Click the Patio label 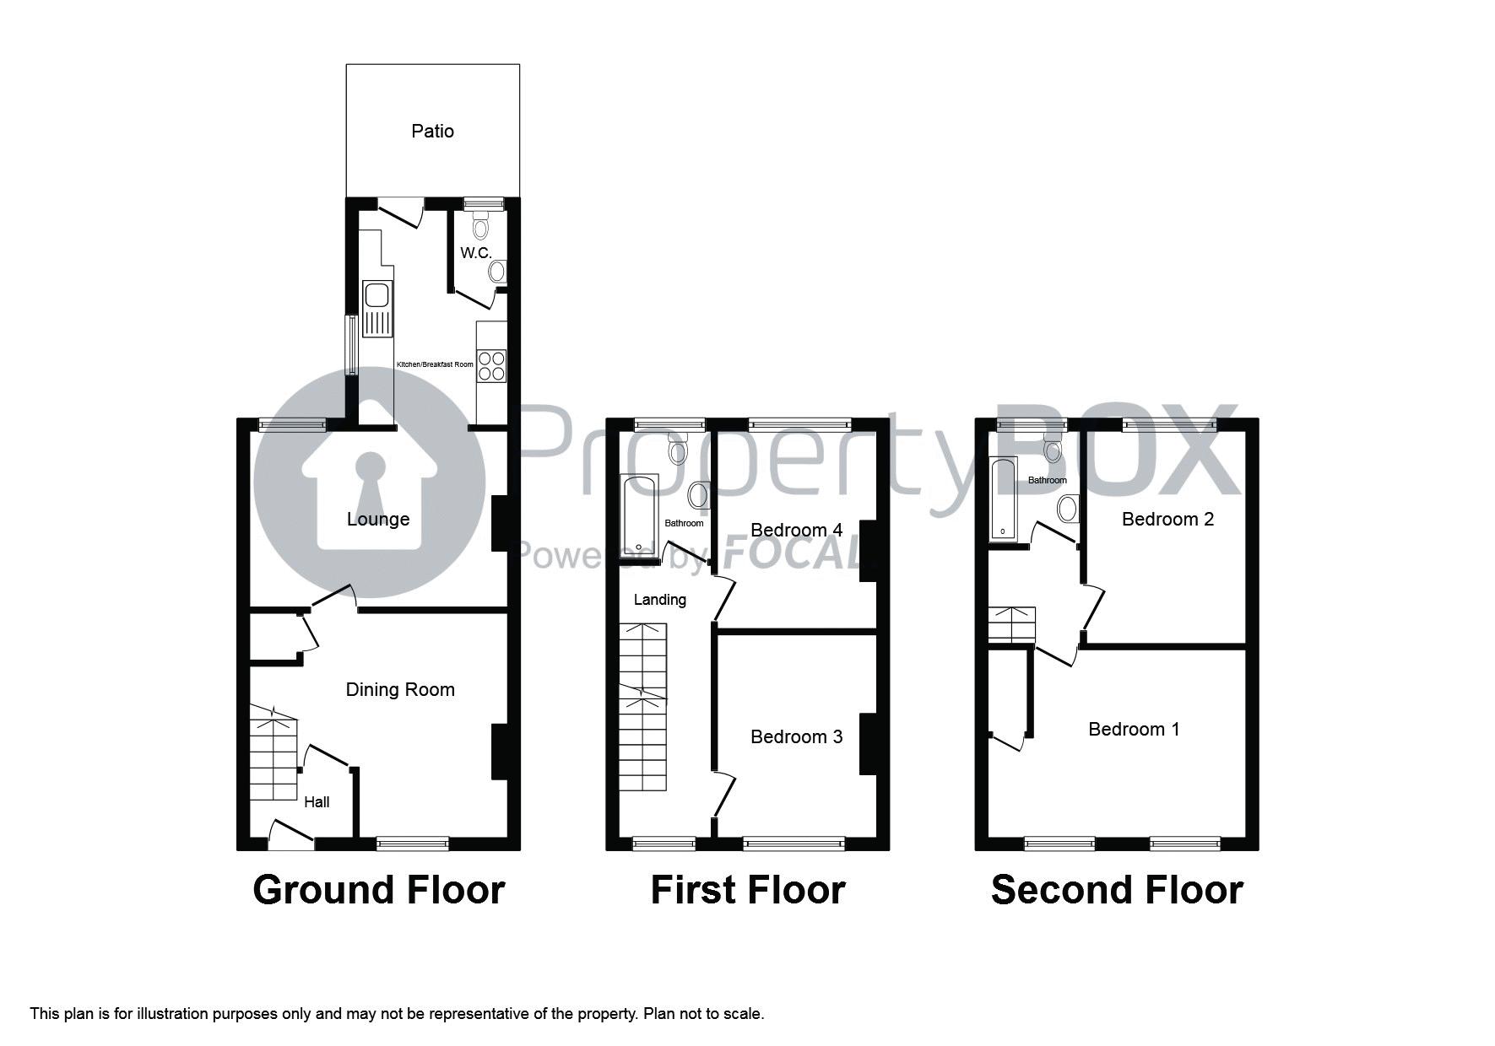432,131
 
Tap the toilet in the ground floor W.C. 480,224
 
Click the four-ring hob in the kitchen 491,365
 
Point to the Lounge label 378,520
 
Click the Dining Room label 400,690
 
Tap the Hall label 317,802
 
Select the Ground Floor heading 379,890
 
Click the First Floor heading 748,890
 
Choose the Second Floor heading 1117,890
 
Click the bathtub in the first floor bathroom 639,516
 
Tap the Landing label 660,600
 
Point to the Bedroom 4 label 797,530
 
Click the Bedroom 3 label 797,737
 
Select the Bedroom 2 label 1167,520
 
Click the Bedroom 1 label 1134,729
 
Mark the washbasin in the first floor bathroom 698,495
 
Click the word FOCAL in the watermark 794,554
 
